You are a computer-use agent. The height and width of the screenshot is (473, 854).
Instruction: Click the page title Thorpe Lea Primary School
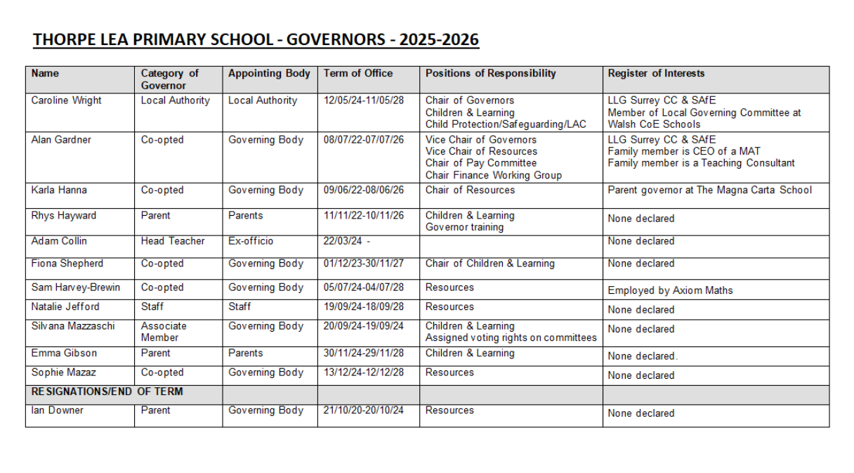point(256,39)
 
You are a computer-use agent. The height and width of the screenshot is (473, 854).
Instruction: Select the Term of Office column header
point(358,73)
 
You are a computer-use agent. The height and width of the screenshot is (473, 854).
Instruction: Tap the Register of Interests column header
point(656,73)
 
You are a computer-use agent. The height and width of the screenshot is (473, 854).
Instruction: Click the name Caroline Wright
point(66,101)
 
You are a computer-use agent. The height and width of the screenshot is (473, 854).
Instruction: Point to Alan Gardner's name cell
point(62,140)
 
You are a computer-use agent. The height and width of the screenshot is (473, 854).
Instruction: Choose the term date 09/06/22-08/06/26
point(364,190)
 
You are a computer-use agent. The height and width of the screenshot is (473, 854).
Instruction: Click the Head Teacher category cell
point(173,241)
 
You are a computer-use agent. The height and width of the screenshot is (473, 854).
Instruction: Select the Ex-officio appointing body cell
point(251,241)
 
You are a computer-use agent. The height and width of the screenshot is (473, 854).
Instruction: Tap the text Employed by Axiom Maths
point(670,290)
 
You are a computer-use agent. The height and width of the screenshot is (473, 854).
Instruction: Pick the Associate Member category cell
point(164,332)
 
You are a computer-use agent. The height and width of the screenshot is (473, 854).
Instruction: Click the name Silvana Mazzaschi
point(72,326)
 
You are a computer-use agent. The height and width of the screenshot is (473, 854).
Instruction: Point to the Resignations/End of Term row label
point(107,391)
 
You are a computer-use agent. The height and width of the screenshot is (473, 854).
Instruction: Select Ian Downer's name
point(57,410)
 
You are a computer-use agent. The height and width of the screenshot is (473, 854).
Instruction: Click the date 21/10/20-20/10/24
point(364,410)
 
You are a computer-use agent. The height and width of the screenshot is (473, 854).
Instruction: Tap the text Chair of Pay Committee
point(481,163)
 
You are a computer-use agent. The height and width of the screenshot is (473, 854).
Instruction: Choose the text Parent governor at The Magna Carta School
point(709,190)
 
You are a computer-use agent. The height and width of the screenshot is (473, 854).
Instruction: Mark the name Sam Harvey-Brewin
point(75,287)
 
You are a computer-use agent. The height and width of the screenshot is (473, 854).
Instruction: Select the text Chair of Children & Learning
point(490,264)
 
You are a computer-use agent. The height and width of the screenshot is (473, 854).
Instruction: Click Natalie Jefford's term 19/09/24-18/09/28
point(364,306)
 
